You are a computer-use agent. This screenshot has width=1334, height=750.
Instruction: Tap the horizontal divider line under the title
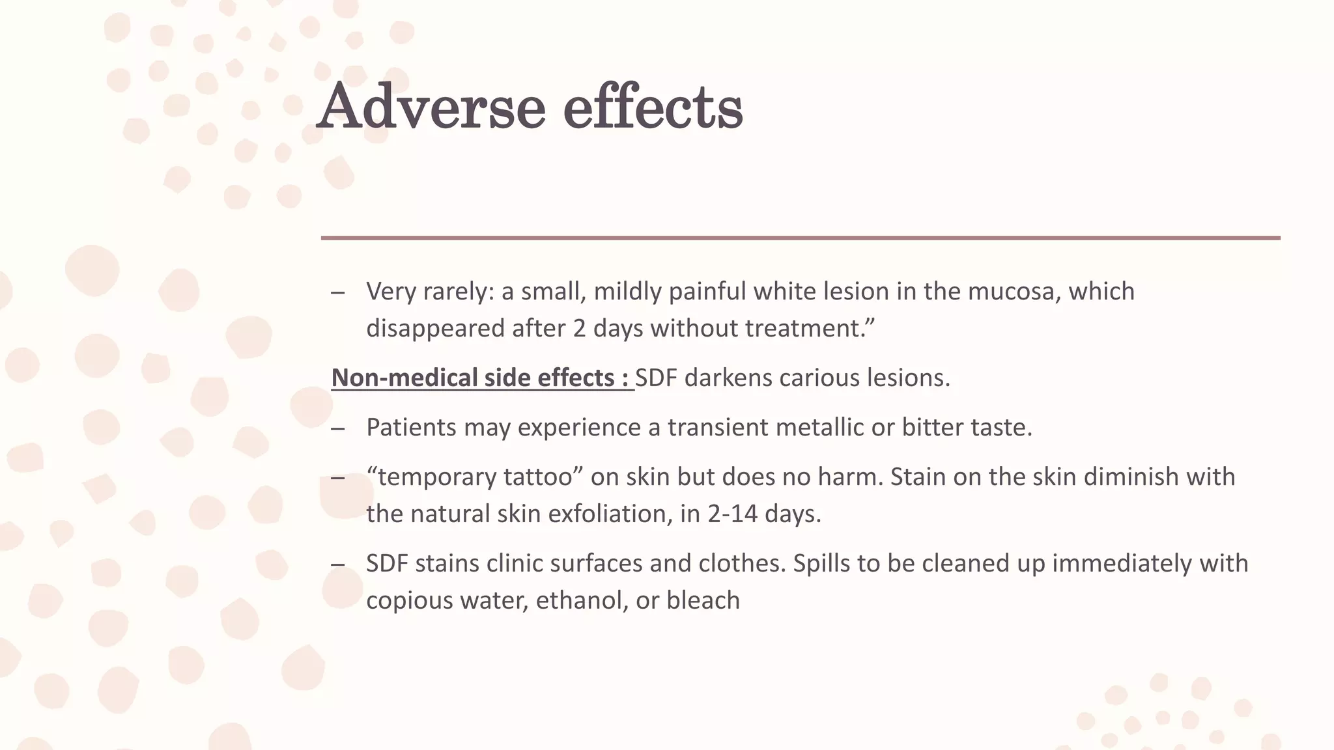click(800, 238)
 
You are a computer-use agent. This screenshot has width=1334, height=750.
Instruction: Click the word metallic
click(820, 428)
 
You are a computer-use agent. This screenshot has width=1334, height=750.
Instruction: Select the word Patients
click(411, 428)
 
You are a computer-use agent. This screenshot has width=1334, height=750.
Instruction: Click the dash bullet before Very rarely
click(337, 292)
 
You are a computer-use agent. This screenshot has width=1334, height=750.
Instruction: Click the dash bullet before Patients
click(337, 428)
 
